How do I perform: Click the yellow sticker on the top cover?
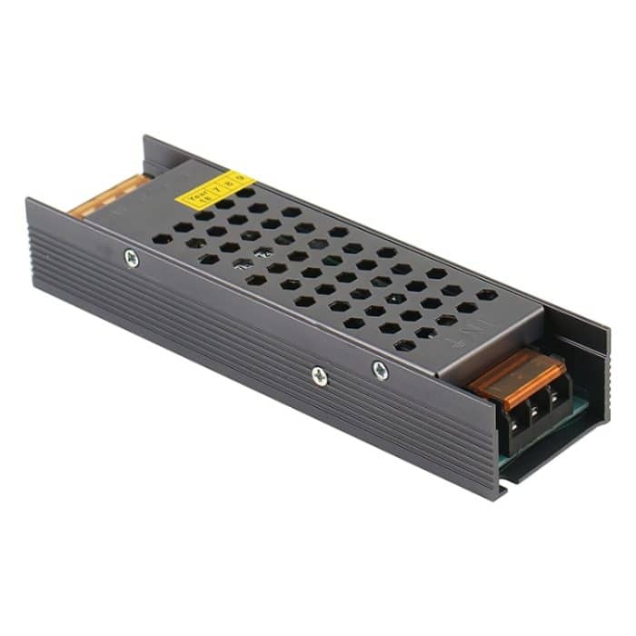217,188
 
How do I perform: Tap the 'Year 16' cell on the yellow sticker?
195,195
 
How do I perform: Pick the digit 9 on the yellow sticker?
242,180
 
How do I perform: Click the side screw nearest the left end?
132,258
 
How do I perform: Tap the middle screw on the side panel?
319,374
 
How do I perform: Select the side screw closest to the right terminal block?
380,370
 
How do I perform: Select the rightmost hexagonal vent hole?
488,295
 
